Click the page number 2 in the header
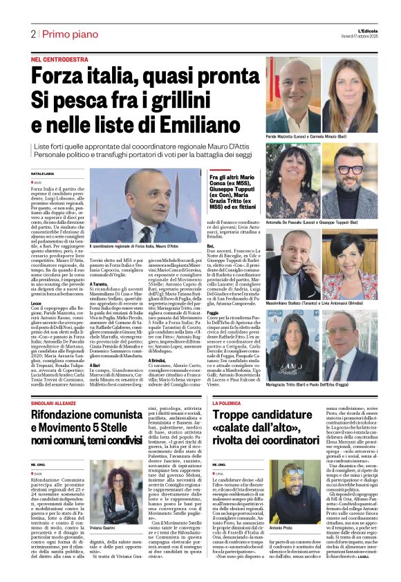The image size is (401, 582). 32,33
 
